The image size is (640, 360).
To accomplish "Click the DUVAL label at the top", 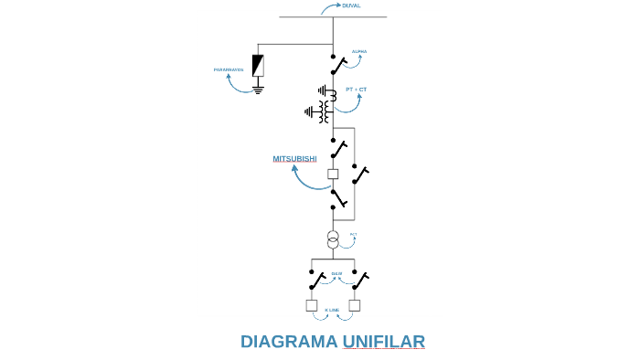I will [351, 5].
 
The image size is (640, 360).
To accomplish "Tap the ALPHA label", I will [359, 51].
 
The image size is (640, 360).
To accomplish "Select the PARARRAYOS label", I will [229, 69].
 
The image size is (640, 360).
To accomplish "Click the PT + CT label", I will [356, 90].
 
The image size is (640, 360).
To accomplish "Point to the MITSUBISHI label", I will [294, 159].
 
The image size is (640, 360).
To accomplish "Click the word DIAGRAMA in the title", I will [289, 342].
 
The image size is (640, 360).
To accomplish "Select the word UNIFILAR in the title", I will [384, 342].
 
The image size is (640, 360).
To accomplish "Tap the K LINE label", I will [332, 310].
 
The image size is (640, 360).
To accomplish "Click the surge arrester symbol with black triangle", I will [258, 65].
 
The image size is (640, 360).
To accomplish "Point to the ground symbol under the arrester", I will [258, 90].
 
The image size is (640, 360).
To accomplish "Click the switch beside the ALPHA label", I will [338, 64].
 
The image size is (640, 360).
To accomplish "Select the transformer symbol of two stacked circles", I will [333, 239].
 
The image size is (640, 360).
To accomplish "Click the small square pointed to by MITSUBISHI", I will [333, 174].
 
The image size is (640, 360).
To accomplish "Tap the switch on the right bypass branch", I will [360, 174].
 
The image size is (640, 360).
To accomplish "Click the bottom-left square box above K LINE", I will [312, 305].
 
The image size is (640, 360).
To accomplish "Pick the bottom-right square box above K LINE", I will [355, 305].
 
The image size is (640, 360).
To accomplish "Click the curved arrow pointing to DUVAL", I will [328, 8].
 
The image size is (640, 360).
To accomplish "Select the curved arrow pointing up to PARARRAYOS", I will [240, 85].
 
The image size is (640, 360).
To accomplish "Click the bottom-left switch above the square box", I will [316, 280].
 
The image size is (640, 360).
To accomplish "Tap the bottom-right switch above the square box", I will [359, 280].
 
